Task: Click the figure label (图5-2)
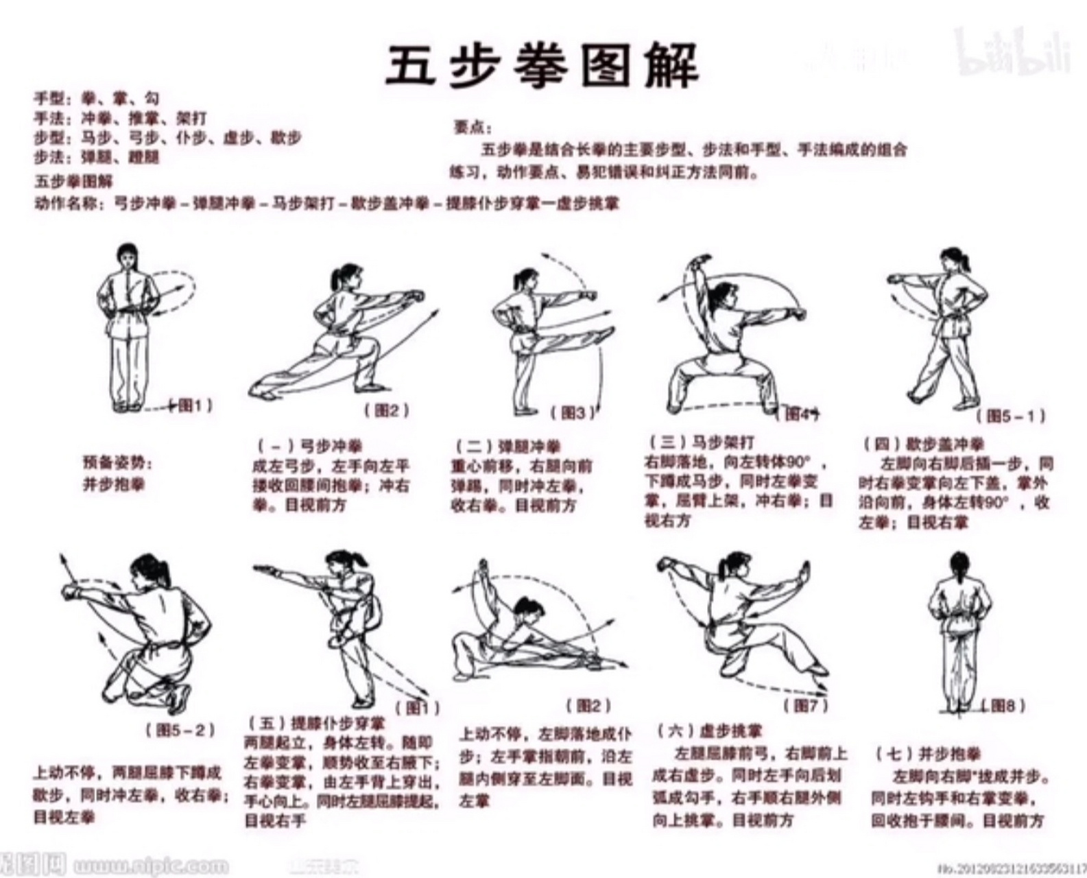click(180, 729)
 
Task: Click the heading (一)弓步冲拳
click(310, 447)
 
